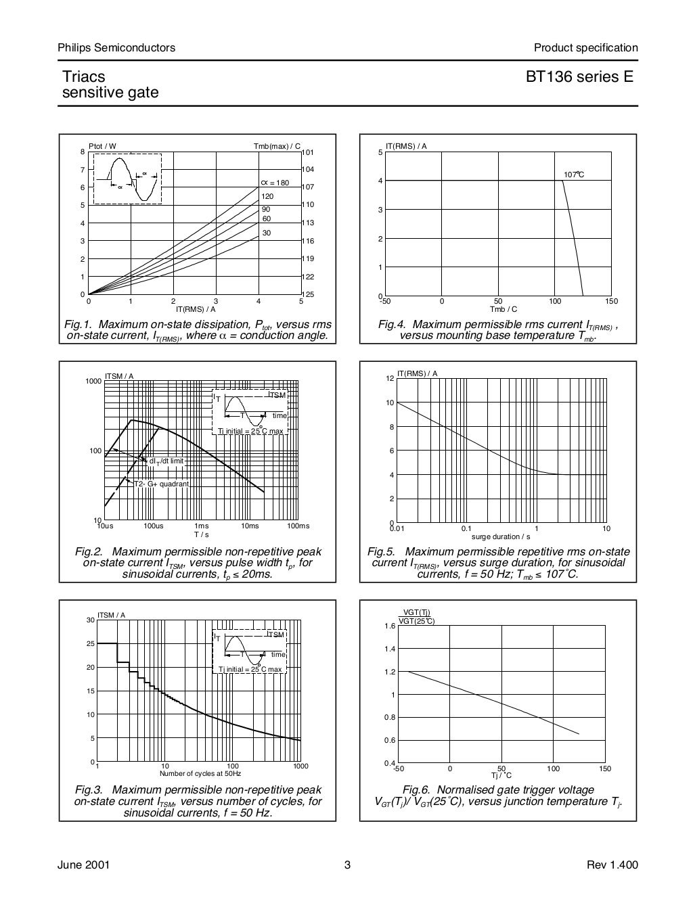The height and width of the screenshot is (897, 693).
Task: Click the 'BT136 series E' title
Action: pyautogui.click(x=579, y=77)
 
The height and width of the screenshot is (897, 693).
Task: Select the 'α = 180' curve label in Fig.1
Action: pyautogui.click(x=274, y=183)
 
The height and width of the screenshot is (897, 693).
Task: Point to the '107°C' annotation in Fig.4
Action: pyautogui.click(x=573, y=175)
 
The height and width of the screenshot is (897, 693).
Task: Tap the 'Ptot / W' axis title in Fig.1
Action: pyautogui.click(x=102, y=146)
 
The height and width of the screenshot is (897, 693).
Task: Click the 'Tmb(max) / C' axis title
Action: pyautogui.click(x=277, y=146)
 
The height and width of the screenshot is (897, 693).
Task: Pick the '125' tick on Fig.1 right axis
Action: pyautogui.click(x=308, y=295)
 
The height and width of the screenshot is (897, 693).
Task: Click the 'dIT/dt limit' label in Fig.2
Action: pyautogui.click(x=166, y=461)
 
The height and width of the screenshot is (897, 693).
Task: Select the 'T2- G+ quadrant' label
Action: pyautogui.click(x=161, y=484)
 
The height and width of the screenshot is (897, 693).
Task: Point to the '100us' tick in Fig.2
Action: pyautogui.click(x=154, y=526)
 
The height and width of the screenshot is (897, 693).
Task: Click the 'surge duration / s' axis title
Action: pyautogui.click(x=501, y=536)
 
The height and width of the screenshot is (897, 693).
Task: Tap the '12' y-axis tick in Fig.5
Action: pyautogui.click(x=390, y=378)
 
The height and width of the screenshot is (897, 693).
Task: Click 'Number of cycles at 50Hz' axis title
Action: pyautogui.click(x=200, y=773)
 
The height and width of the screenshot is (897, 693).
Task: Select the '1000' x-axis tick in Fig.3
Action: pyautogui.click(x=300, y=766)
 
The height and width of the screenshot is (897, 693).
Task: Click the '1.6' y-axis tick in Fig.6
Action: pyautogui.click(x=390, y=626)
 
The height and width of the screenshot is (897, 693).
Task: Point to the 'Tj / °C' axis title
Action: pyautogui.click(x=501, y=775)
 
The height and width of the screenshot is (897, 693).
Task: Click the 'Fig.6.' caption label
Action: pyautogui.click(x=417, y=789)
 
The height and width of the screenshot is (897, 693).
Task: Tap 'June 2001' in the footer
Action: pyautogui.click(x=85, y=865)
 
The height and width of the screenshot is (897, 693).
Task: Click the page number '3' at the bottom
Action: pyautogui.click(x=347, y=865)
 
